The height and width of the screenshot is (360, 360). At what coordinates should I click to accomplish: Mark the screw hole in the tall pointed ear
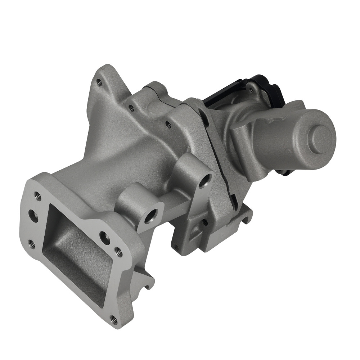[x=100, y=83]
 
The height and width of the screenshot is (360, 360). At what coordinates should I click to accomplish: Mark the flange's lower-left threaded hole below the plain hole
[x=32, y=244]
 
